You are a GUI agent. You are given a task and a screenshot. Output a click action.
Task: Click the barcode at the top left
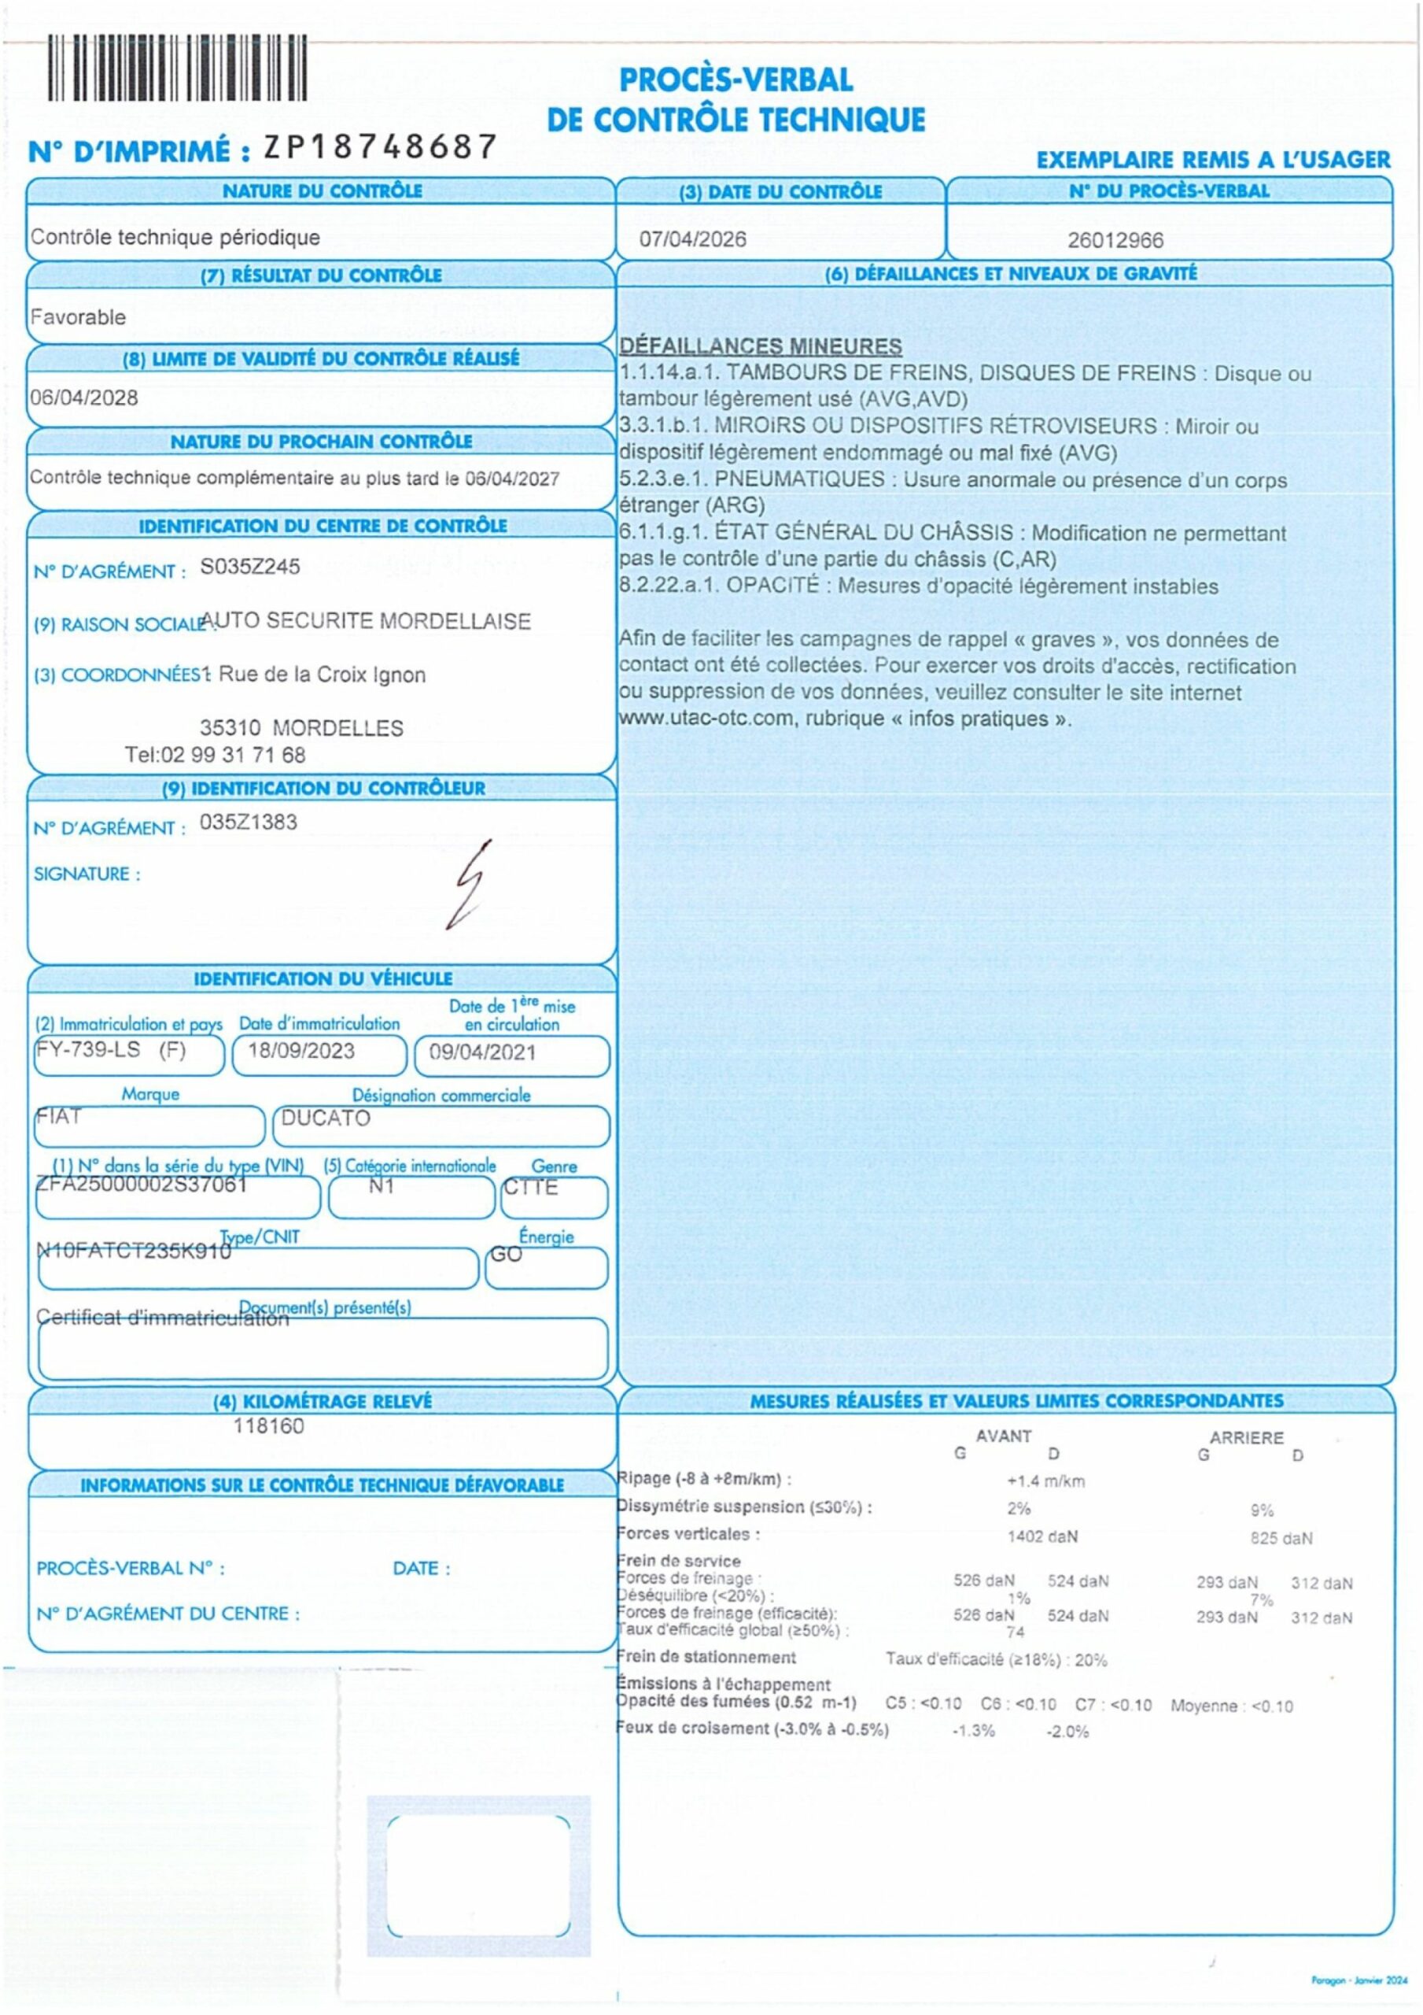pyautogui.click(x=176, y=68)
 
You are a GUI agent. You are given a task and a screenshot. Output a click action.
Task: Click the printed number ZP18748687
pyautogui.click(x=381, y=147)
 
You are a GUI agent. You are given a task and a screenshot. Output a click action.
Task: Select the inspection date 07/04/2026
pyautogui.click(x=692, y=238)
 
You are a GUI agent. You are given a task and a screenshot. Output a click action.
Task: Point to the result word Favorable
pyautogui.click(x=78, y=317)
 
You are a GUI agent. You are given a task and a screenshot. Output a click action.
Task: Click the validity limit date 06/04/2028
pyautogui.click(x=84, y=397)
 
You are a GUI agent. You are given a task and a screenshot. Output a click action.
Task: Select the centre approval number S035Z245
pyautogui.click(x=250, y=567)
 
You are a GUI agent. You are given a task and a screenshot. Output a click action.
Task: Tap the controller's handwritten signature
pyautogui.click(x=467, y=885)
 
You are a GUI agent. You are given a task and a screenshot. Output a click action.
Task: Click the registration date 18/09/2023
pyautogui.click(x=301, y=1051)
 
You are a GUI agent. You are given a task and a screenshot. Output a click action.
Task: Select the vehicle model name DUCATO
pyautogui.click(x=326, y=1118)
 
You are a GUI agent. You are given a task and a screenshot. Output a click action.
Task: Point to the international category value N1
pyautogui.click(x=382, y=1186)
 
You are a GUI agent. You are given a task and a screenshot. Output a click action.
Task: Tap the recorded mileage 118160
pyautogui.click(x=268, y=1426)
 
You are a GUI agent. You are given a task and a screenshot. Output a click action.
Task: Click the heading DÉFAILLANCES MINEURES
pyautogui.click(x=761, y=346)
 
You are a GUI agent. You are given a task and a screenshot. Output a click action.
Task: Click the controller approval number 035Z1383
pyautogui.click(x=249, y=823)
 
